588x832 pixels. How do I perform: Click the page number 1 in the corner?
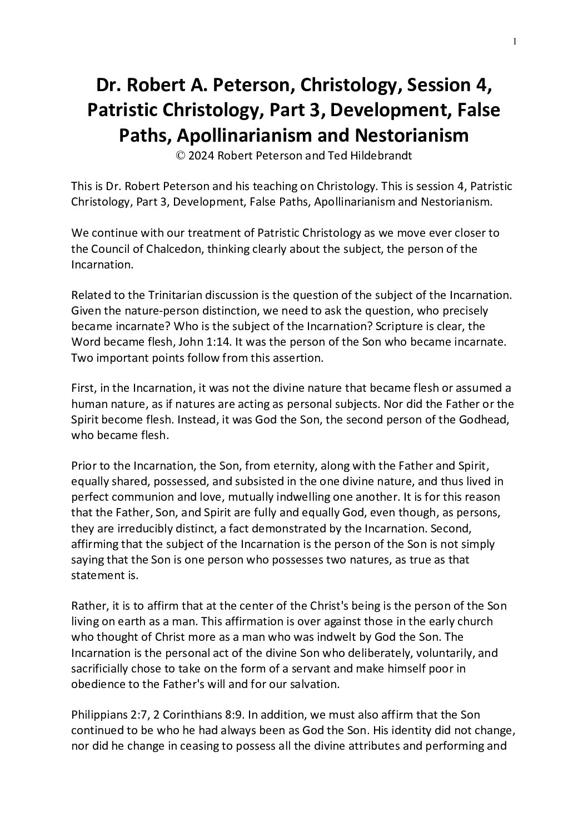tap(515, 41)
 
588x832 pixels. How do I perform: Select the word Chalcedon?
tap(173, 249)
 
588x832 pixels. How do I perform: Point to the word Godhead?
tap(483, 419)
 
